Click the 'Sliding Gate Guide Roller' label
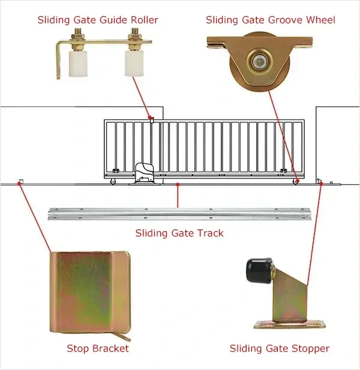point(98,20)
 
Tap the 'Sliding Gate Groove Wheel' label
point(270,20)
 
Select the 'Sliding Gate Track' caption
point(179,232)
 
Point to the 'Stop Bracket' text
point(97,348)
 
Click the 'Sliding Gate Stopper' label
point(280,348)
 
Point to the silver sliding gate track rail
point(179,213)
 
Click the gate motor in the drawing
point(146,174)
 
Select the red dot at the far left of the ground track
point(20,182)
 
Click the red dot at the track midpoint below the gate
point(178,186)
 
